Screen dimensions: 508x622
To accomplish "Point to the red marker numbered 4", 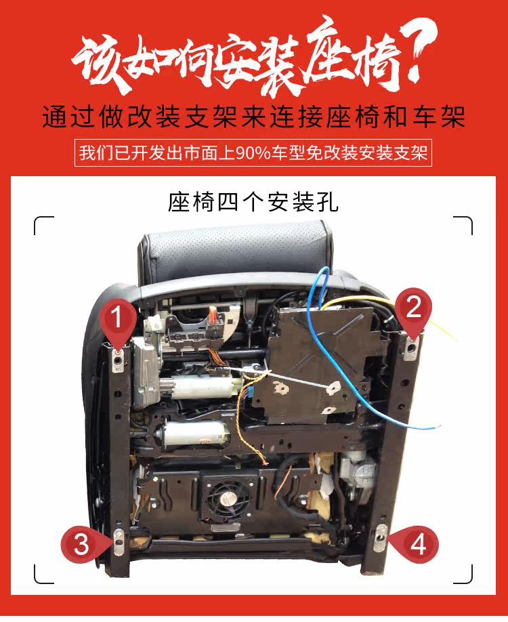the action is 415,544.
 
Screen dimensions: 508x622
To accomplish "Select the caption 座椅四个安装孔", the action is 253,203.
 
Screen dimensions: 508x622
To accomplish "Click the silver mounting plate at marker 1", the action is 118,360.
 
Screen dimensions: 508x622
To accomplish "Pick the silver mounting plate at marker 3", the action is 119,541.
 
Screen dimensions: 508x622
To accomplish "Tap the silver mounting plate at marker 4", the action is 380,538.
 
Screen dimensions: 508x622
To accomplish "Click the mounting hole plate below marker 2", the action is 412,348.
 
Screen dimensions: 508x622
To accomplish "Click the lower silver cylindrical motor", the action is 194,433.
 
